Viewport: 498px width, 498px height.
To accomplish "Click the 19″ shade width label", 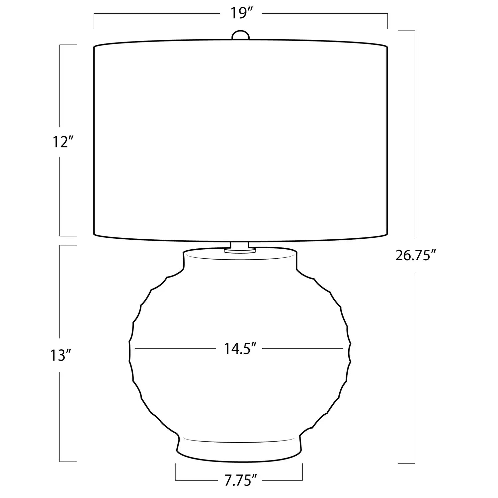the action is tap(241, 14).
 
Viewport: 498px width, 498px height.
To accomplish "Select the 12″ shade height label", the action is tap(62, 142).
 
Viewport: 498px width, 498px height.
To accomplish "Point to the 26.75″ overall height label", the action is tap(415, 256).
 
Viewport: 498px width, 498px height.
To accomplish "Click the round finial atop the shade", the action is tap(240, 35).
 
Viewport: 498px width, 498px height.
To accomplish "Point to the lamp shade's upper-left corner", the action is tap(94, 46).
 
